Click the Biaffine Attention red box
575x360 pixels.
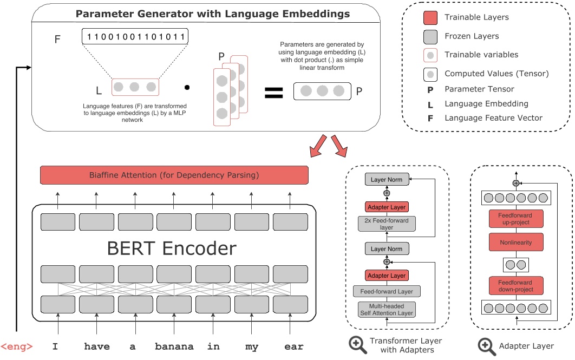[x=174, y=175]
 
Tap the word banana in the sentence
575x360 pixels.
[x=174, y=346]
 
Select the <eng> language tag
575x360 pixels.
[x=17, y=346]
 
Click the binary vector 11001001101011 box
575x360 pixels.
[x=135, y=37]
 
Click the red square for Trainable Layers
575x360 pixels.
[x=430, y=18]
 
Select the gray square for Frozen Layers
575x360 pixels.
[x=430, y=36]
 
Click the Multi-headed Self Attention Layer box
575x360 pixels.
[x=386, y=309]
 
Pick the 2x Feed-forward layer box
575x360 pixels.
[x=386, y=224]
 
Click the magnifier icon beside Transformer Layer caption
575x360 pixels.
[x=358, y=345]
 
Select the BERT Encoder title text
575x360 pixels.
[x=172, y=248]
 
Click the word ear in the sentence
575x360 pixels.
[x=293, y=346]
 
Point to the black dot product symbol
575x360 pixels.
[x=187, y=87]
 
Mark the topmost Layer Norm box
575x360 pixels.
[x=387, y=180]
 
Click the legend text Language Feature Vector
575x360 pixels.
[x=493, y=117]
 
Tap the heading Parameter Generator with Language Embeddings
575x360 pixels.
[x=212, y=14]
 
